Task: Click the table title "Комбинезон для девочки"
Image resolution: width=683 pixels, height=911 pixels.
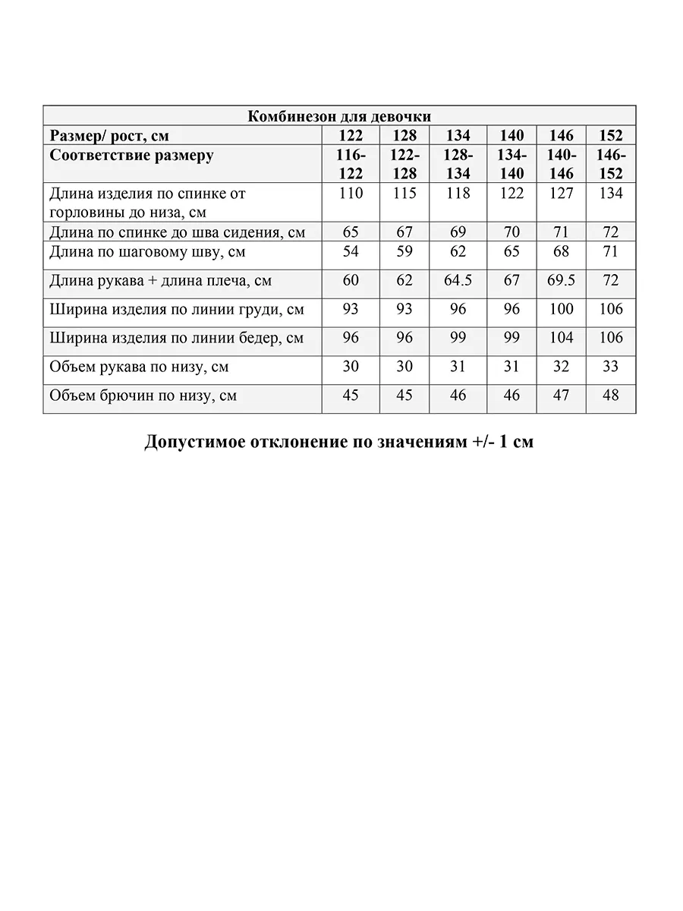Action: pyautogui.click(x=339, y=116)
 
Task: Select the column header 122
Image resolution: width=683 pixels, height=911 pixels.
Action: pyautogui.click(x=351, y=136)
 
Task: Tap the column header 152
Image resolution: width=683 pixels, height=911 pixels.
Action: pyautogui.click(x=611, y=136)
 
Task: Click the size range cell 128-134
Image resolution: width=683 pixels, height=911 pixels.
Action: pyautogui.click(x=458, y=164)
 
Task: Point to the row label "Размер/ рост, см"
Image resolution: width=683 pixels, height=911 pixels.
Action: pyautogui.click(x=109, y=136)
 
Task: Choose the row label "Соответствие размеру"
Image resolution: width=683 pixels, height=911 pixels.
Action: pyautogui.click(x=131, y=156)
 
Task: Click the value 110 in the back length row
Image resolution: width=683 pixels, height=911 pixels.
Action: pyautogui.click(x=351, y=194)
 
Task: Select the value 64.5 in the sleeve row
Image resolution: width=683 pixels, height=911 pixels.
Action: pyautogui.click(x=458, y=281)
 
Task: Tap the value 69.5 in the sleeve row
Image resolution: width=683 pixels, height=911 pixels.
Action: pyautogui.click(x=561, y=281)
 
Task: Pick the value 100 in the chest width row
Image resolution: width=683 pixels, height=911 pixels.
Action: pyautogui.click(x=561, y=310)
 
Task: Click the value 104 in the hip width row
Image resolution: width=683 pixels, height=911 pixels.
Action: pyautogui.click(x=561, y=338)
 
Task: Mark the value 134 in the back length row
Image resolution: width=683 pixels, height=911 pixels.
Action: pyautogui.click(x=611, y=194)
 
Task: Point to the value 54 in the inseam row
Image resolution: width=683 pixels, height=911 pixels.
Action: pyautogui.click(x=351, y=251)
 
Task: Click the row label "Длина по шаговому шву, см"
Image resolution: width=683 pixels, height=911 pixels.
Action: pyautogui.click(x=147, y=252)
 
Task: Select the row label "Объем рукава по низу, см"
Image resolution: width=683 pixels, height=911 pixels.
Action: pyautogui.click(x=139, y=367)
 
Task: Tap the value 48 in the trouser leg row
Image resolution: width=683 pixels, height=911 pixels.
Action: pyautogui.click(x=611, y=396)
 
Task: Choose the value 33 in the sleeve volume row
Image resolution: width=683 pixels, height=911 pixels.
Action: pyautogui.click(x=611, y=367)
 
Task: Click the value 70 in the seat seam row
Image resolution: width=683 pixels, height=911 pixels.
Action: pyautogui.click(x=511, y=232)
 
